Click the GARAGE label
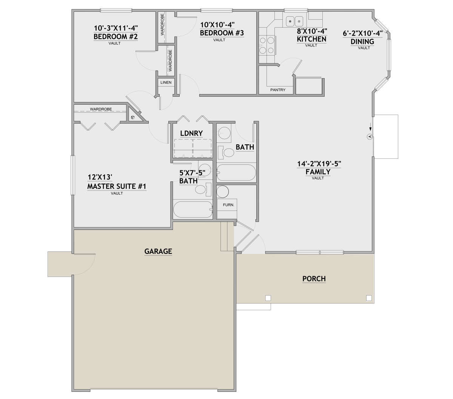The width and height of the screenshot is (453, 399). tap(158, 251)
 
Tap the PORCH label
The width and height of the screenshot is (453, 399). tap(314, 279)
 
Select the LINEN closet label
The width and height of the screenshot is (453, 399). tap(166, 82)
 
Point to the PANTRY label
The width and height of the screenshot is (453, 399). tap(278, 90)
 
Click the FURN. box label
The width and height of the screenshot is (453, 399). tap(228, 205)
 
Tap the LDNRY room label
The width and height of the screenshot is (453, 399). tap(191, 133)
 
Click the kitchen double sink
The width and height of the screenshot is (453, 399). tap(294, 22)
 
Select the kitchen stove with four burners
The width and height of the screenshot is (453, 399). tap(267, 46)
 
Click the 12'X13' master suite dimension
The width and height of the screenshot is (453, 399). tap(100, 177)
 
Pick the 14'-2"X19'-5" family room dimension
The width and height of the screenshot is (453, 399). tap(319, 164)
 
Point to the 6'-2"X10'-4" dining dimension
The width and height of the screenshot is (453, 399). tap(363, 34)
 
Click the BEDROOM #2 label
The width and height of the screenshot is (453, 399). tap(116, 37)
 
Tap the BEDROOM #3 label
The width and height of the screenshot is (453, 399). tap(222, 33)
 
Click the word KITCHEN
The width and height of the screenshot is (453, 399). tap(311, 39)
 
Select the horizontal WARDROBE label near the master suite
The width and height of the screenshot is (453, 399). tap(101, 109)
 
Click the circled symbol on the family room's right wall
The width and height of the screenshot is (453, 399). tap(370, 136)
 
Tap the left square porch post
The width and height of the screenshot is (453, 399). tap(268, 298)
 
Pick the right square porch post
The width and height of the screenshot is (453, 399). tap(369, 298)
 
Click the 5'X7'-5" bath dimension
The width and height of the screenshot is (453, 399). tap(192, 173)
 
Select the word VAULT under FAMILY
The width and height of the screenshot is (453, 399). tap(318, 178)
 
